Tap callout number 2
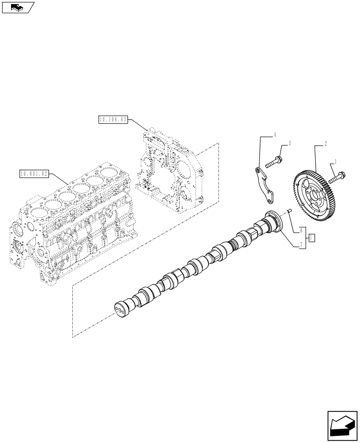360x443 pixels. (326, 144)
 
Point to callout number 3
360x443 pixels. (290, 144)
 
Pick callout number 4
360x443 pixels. (275, 134)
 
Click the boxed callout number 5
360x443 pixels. (312, 238)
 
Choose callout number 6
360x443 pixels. (301, 230)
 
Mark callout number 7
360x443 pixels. (301, 245)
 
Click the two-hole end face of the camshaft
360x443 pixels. (119, 309)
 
